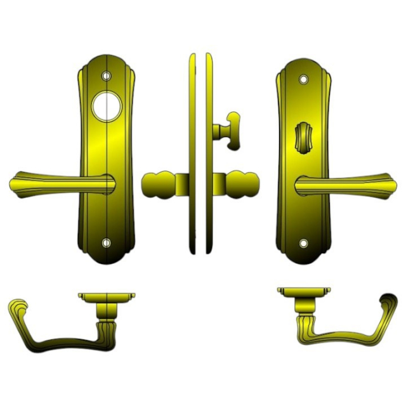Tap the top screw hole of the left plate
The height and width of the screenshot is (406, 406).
(x=107, y=75)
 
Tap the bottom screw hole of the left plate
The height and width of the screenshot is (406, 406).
(x=106, y=243)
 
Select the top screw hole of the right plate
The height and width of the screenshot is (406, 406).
(x=303, y=79)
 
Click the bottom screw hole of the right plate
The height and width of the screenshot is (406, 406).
(x=303, y=243)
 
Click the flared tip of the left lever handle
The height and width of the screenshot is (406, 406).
(x=19, y=184)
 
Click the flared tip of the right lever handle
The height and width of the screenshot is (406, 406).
(x=388, y=185)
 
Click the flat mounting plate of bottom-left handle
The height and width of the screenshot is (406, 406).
(x=107, y=296)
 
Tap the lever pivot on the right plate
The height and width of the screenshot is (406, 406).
(x=303, y=185)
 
